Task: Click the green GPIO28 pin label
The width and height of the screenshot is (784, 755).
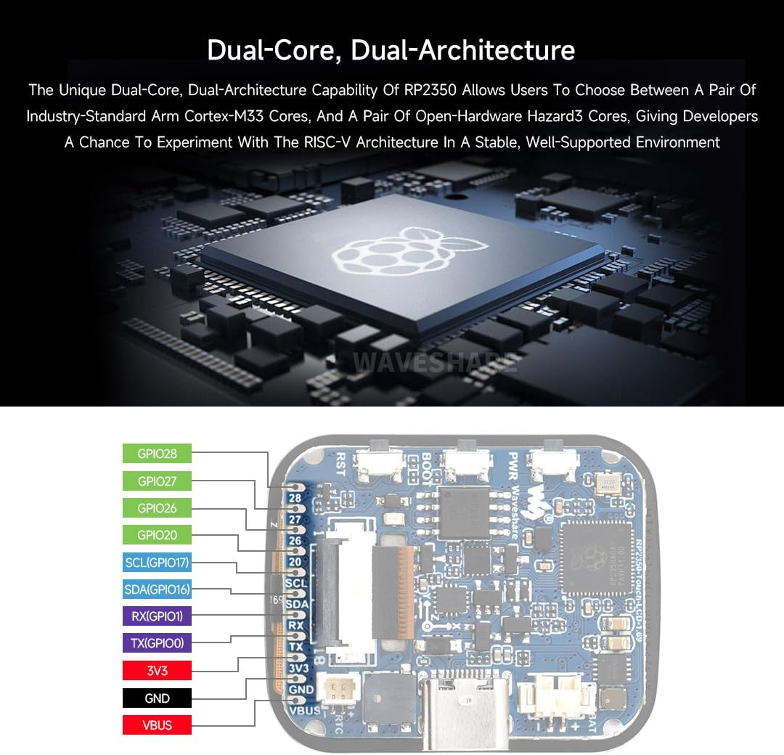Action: click(157, 454)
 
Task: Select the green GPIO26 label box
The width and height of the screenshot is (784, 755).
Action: click(157, 508)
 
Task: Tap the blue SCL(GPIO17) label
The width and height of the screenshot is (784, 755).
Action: click(157, 562)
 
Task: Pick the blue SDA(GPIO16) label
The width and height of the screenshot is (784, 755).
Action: click(157, 589)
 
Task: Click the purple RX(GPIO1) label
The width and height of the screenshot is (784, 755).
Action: click(157, 616)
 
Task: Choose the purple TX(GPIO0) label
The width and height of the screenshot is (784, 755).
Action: click(157, 643)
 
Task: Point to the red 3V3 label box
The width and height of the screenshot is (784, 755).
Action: click(157, 670)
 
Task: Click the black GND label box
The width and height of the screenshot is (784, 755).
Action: click(157, 698)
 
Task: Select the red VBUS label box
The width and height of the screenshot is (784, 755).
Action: click(157, 725)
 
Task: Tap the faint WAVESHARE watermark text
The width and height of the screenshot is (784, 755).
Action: click(435, 361)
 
